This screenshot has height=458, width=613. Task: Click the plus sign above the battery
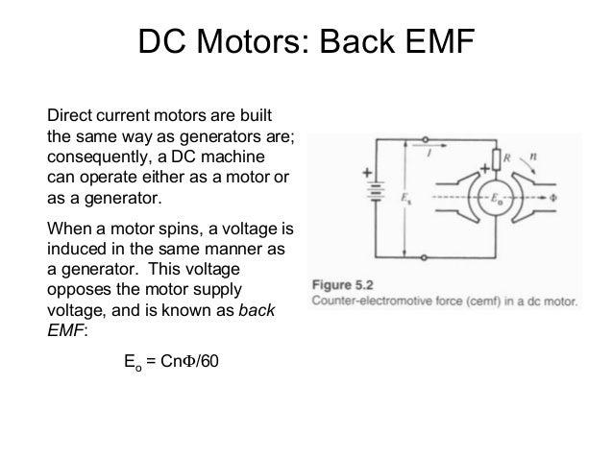[367, 174]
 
